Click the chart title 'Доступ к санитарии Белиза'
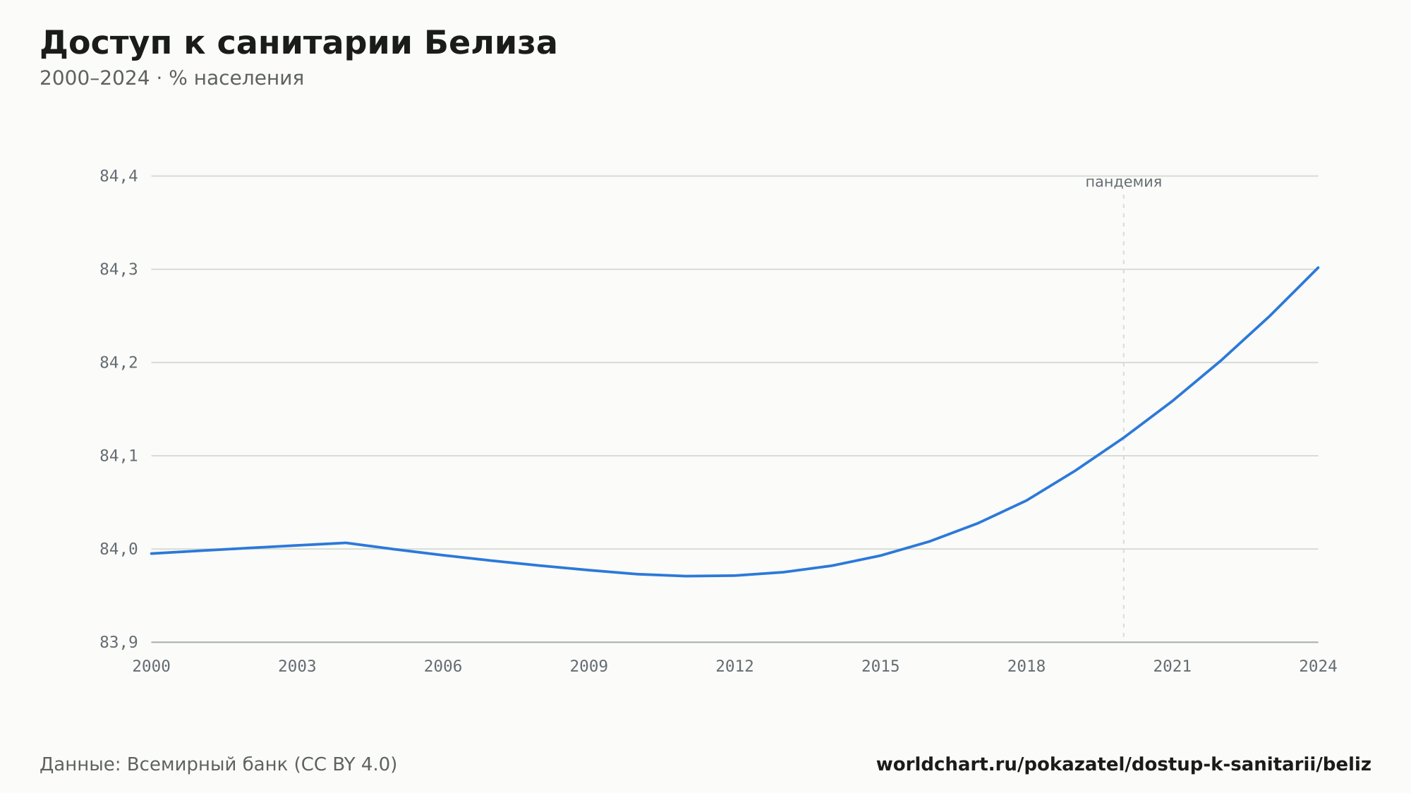coord(298,43)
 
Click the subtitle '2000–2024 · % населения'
coord(171,78)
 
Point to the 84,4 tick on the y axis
coord(119,176)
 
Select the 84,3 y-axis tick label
coord(119,270)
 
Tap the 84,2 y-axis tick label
coord(119,363)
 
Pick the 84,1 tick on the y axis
coord(119,456)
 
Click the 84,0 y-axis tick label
coord(119,549)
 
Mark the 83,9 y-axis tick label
coord(119,642)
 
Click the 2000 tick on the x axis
coord(152,667)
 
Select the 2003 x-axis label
coord(297,667)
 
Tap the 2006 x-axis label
coord(443,667)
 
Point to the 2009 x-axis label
coord(589,667)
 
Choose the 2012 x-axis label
coord(735,667)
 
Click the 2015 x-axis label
coord(880,667)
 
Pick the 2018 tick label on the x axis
coord(1027,667)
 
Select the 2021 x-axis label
coord(1173,667)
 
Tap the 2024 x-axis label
coord(1318,667)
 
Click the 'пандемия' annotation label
coord(1123,182)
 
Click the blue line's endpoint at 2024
coord(1318,267)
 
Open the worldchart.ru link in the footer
coord(1124,765)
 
